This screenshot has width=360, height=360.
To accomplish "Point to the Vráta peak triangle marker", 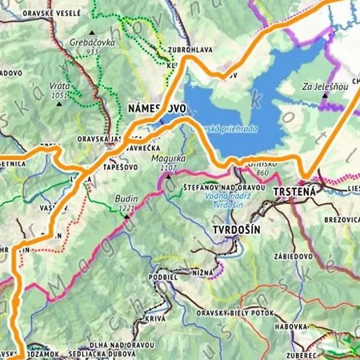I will coord(59,103).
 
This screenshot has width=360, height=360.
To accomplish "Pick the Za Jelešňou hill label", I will coord(325,86).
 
